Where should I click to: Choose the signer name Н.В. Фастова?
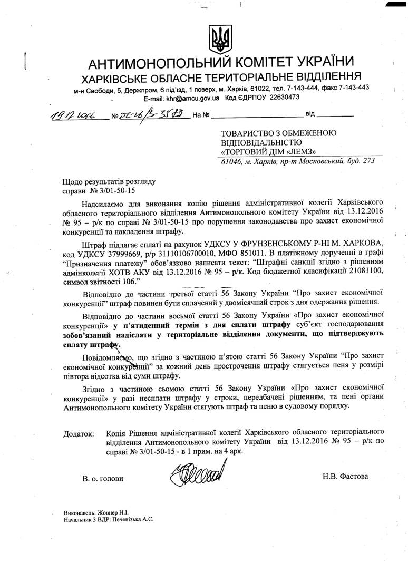[x=346, y=476]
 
